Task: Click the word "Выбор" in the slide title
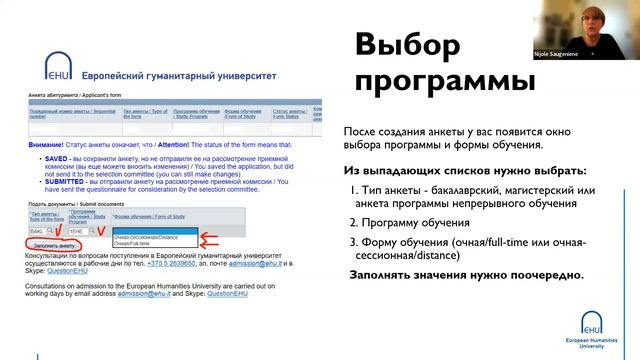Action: tap(408, 47)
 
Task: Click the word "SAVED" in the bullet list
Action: tap(51, 157)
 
